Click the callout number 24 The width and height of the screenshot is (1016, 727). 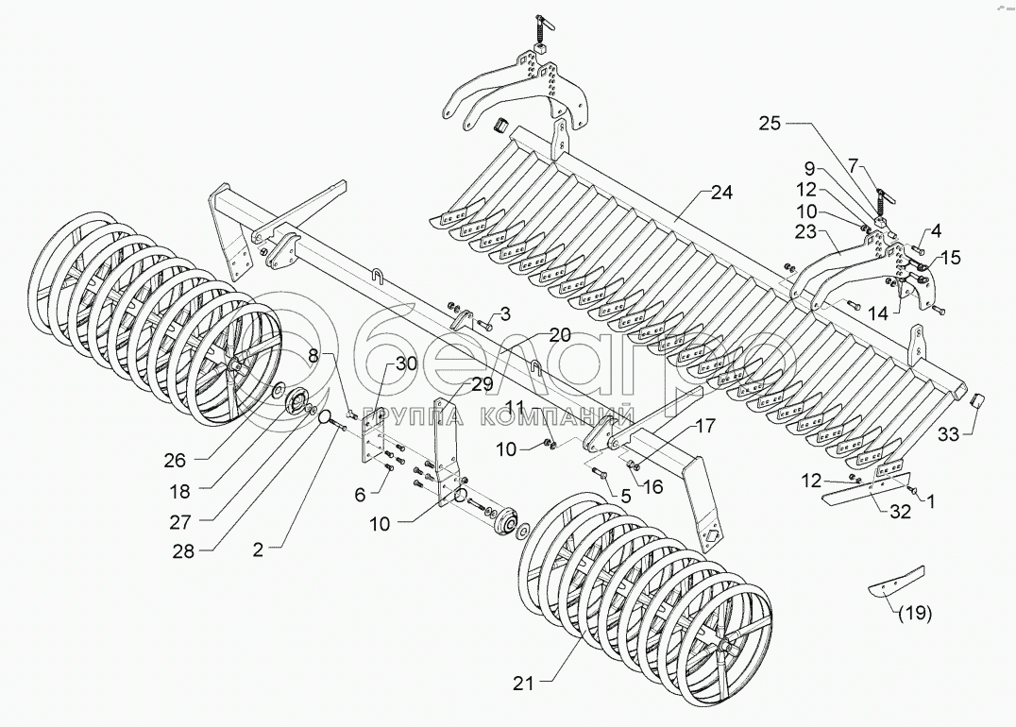[x=721, y=193]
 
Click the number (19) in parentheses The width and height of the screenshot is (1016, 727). [x=914, y=613]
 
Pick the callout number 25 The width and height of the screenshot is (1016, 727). [x=770, y=123]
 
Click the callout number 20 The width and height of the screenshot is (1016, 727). [x=560, y=335]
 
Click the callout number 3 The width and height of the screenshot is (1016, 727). [x=505, y=313]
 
